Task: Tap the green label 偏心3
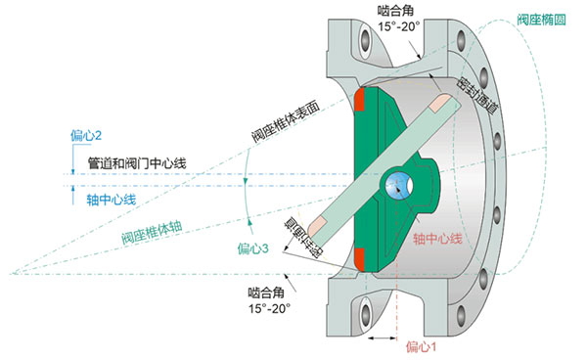tap(253, 249)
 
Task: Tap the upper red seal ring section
tap(361, 99)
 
